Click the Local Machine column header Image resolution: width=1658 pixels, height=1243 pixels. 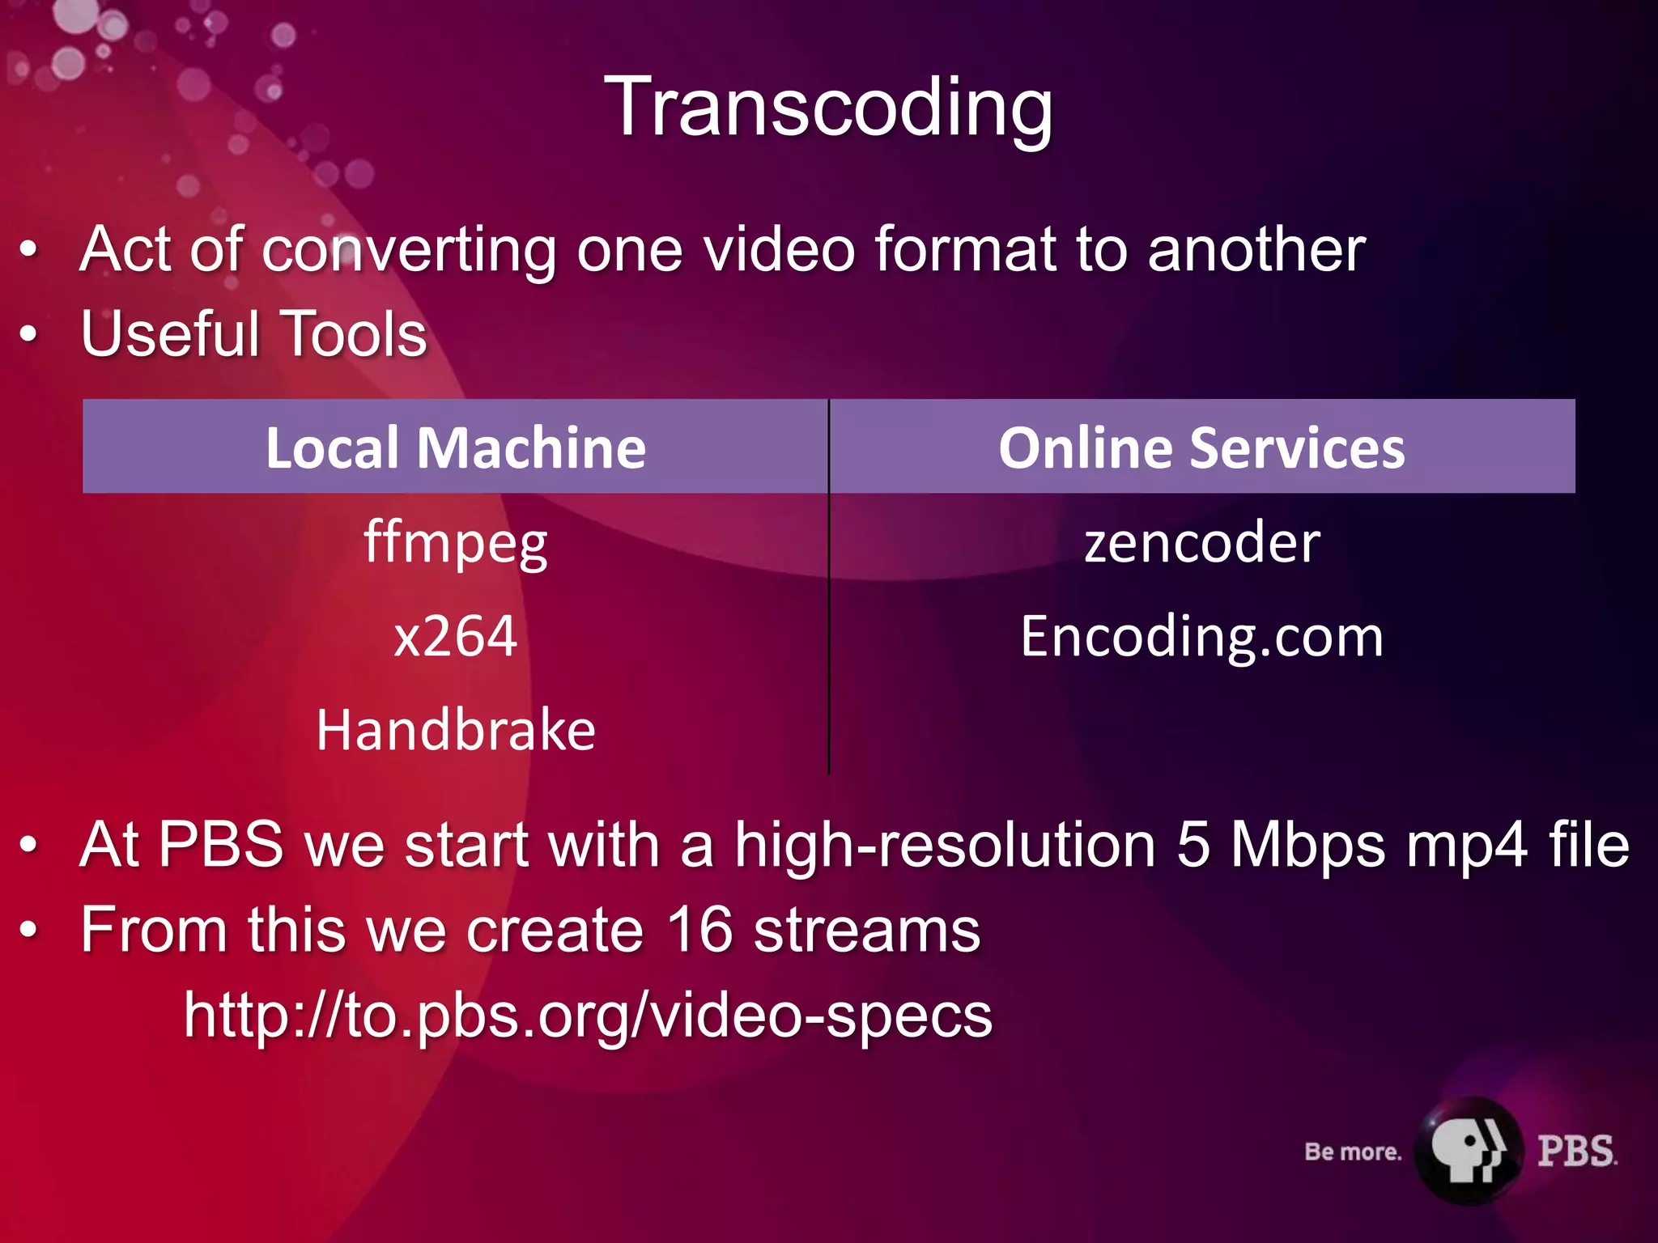(456, 448)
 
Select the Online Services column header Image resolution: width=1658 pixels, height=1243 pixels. (1201, 448)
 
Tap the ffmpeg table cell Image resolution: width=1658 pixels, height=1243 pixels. (456, 543)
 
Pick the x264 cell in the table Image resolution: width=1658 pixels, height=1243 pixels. (456, 636)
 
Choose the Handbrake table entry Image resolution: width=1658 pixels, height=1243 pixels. (456, 730)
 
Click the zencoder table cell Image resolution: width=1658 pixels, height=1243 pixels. (1201, 542)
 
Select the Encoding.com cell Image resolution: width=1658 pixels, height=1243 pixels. (1201, 637)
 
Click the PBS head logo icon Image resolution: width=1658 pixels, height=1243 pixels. (1468, 1150)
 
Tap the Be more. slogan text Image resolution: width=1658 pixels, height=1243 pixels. (1353, 1152)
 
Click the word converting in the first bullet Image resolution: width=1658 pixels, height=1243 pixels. (409, 251)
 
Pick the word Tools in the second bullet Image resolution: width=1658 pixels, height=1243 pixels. (353, 333)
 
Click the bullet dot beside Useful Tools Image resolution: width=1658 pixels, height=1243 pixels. (29, 333)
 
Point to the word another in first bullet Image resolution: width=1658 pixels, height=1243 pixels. (1256, 249)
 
